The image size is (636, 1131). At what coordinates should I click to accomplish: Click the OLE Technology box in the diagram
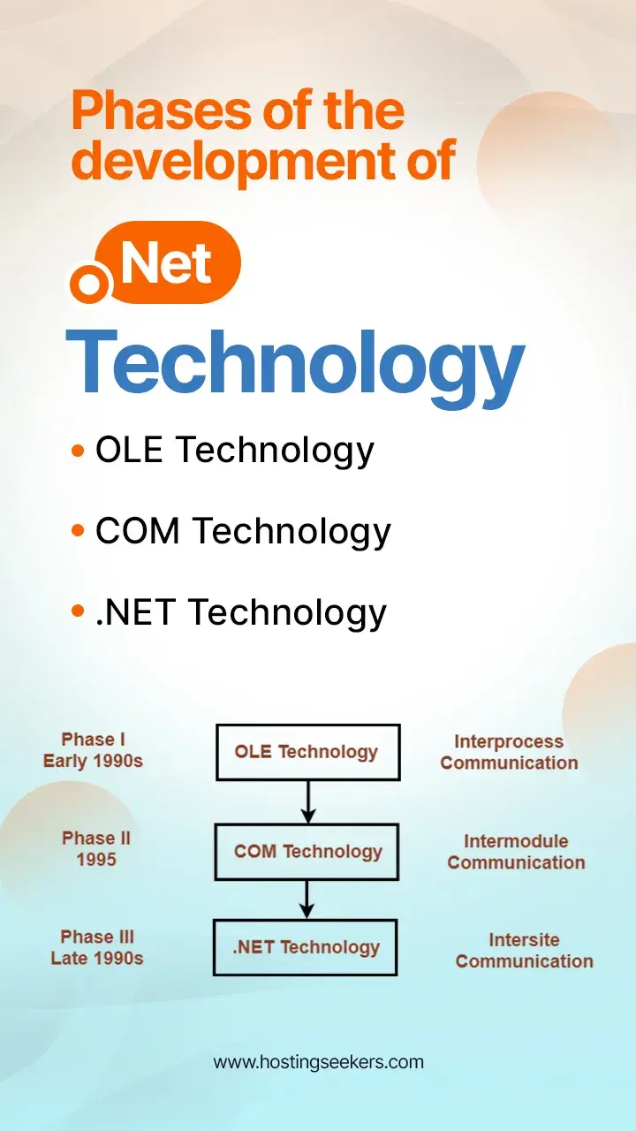[307, 752]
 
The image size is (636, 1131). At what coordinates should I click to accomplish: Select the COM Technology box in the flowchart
[307, 852]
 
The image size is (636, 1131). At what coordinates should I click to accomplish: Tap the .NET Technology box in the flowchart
[306, 947]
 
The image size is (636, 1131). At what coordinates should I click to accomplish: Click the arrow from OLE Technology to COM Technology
[307, 801]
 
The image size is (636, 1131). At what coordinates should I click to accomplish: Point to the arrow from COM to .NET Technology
[307, 899]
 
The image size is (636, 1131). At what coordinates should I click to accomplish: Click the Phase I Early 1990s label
[92, 750]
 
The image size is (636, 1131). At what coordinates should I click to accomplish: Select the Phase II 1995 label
[96, 848]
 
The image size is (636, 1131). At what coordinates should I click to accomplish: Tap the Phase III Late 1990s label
[97, 947]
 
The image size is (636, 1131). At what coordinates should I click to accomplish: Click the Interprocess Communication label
[510, 753]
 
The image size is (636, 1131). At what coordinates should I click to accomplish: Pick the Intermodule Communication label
[516, 852]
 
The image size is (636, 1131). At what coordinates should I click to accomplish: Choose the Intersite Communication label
[524, 951]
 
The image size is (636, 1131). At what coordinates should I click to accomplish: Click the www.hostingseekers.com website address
[318, 1062]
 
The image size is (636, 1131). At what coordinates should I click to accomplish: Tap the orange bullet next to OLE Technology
[78, 452]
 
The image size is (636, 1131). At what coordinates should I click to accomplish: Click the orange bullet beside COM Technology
[78, 531]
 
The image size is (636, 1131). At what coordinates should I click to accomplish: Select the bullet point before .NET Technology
[78, 611]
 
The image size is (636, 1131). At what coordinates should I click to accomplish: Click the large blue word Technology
[295, 362]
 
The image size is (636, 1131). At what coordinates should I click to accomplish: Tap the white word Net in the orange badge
[167, 262]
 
